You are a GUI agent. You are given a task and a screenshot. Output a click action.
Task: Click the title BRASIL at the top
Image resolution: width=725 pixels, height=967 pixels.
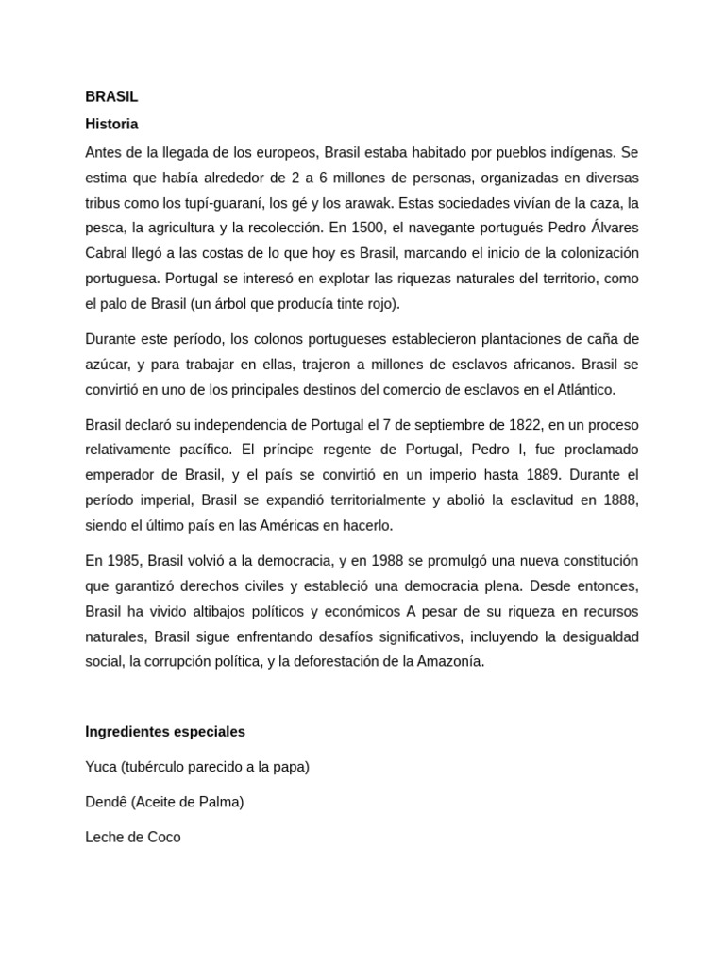coord(111,97)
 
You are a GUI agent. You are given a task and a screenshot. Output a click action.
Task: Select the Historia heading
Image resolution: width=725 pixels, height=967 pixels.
coord(111,124)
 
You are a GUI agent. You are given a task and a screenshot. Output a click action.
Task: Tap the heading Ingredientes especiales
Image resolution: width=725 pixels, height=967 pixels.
coord(165,732)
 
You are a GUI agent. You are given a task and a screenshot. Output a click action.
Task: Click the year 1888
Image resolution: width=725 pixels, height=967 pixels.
coord(619,500)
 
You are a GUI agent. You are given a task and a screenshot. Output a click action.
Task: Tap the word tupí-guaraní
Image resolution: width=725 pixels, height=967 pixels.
coord(223,203)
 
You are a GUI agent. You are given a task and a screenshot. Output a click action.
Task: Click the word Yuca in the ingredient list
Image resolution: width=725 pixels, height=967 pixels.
coord(100,767)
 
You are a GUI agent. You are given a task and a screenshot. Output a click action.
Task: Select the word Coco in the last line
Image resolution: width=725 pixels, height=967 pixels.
coord(163,837)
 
